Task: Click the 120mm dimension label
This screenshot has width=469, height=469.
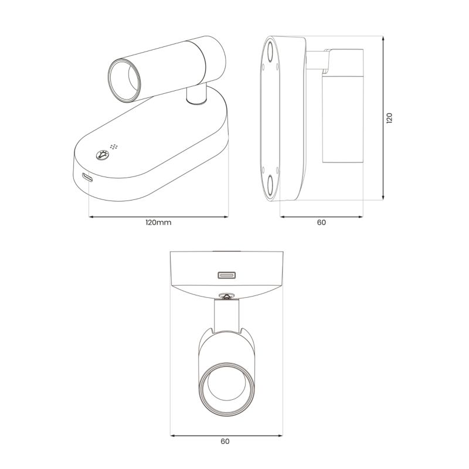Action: point(158,223)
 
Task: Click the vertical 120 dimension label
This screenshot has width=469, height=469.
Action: point(389,118)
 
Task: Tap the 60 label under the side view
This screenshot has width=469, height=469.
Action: point(321,223)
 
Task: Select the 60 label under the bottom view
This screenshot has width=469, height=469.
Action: point(225,441)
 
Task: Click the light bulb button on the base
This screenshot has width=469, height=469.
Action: point(102,155)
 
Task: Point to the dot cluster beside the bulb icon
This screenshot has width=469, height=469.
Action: point(114,147)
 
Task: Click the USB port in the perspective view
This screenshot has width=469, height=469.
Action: point(87,178)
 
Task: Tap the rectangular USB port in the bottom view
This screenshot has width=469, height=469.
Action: point(226,275)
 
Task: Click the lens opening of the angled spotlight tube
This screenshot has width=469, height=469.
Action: point(124,80)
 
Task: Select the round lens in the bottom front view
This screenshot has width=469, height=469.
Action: point(226,389)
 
